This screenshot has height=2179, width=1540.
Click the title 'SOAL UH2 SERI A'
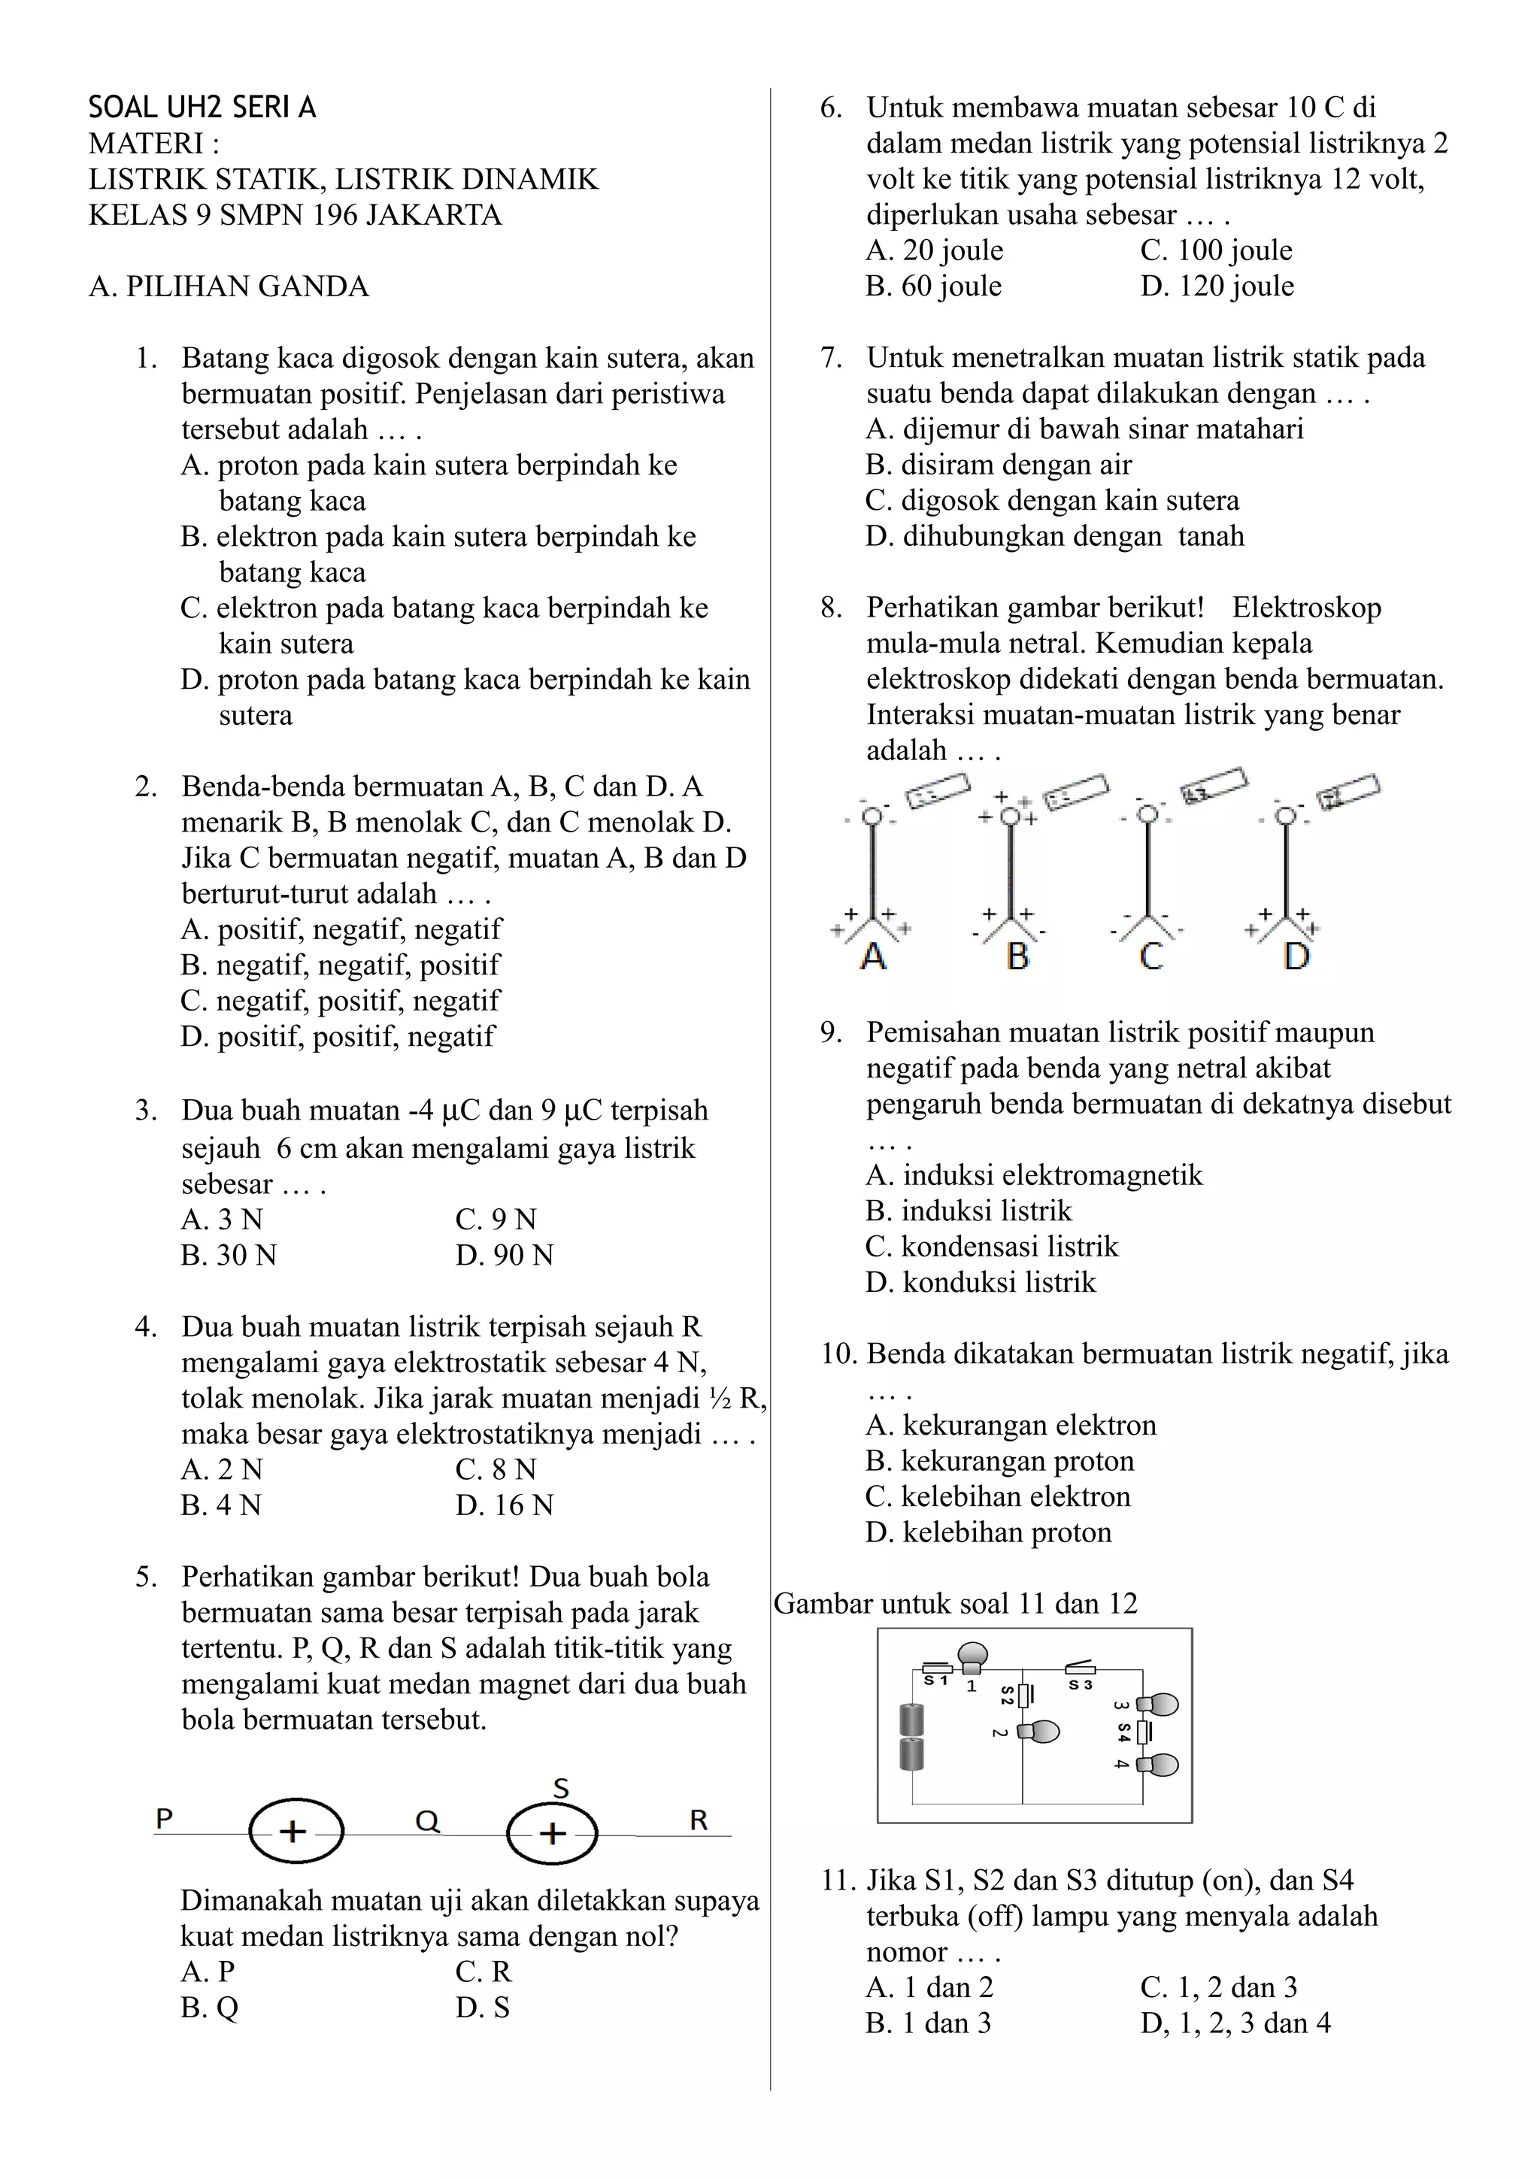tap(202, 108)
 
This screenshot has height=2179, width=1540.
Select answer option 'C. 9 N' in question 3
tap(496, 1220)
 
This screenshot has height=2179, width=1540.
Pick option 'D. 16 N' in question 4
tap(504, 1505)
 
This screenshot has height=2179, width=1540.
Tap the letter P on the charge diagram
tap(164, 1820)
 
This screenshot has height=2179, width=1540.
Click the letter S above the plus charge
tap(561, 1789)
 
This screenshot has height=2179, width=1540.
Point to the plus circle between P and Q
tap(295, 1832)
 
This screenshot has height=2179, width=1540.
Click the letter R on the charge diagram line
tap(699, 1820)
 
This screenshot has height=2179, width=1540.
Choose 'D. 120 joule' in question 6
tap(1217, 286)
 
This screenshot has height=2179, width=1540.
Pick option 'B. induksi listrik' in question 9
tap(969, 1211)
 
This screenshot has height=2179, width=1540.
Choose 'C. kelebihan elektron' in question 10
tap(998, 1496)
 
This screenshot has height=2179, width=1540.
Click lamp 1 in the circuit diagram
tap(972, 1657)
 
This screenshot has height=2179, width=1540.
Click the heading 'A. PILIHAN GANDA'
tap(229, 286)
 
